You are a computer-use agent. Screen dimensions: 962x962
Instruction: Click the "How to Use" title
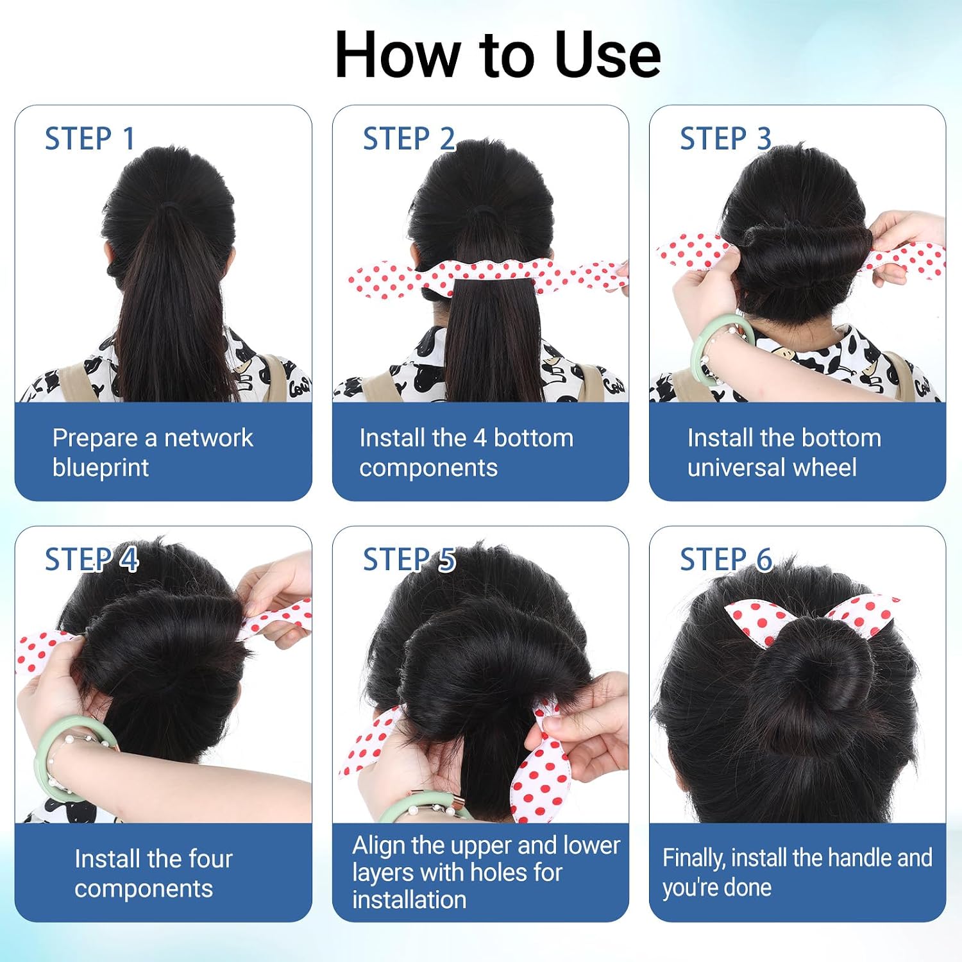coord(498,55)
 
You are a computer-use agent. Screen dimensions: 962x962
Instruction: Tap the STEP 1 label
coord(90,139)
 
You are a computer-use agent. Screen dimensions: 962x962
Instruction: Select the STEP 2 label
coord(409,139)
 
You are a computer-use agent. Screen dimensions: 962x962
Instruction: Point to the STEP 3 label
coord(725,139)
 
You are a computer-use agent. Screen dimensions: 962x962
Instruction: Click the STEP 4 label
coord(91,559)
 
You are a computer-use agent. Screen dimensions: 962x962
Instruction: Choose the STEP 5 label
coord(409,559)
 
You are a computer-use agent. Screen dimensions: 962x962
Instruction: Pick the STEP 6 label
coord(726,559)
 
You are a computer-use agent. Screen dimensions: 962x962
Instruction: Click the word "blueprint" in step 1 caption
coord(101,468)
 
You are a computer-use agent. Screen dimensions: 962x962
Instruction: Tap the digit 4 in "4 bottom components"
coord(480,438)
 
